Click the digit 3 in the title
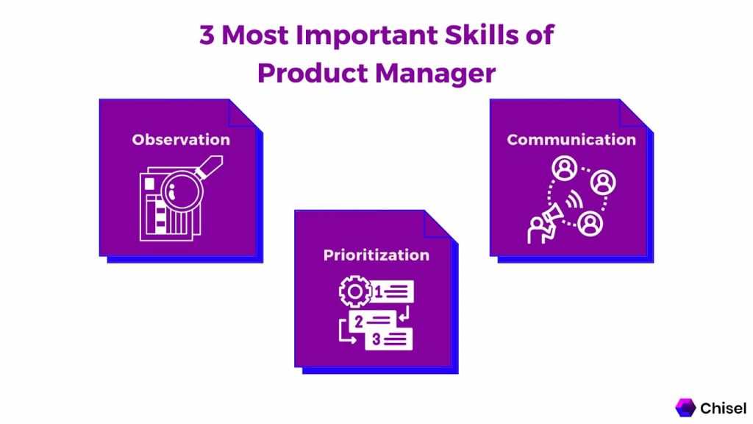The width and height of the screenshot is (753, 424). click(207, 35)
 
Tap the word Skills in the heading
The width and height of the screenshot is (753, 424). click(482, 35)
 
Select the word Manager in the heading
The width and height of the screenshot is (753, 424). click(435, 74)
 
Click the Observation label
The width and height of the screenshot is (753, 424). click(181, 139)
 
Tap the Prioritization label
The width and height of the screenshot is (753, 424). click(376, 255)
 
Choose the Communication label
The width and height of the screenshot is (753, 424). click(571, 139)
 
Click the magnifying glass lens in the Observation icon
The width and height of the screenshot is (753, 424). click(182, 192)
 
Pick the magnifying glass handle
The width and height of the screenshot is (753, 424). click(210, 166)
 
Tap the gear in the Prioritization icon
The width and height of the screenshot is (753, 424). click(355, 291)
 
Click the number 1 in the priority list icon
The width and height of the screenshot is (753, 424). click(379, 291)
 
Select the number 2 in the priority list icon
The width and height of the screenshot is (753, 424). click(359, 322)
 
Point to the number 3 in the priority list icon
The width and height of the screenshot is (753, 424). click(376, 339)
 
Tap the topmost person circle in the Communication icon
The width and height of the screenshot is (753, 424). click(564, 169)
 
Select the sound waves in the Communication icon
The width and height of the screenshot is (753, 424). click(574, 199)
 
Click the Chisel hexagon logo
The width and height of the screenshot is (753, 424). click(685, 408)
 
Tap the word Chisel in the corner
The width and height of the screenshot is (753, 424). click(724, 408)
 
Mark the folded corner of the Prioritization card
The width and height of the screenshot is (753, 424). click(440, 225)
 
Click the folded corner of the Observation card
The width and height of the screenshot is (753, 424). click(245, 113)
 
